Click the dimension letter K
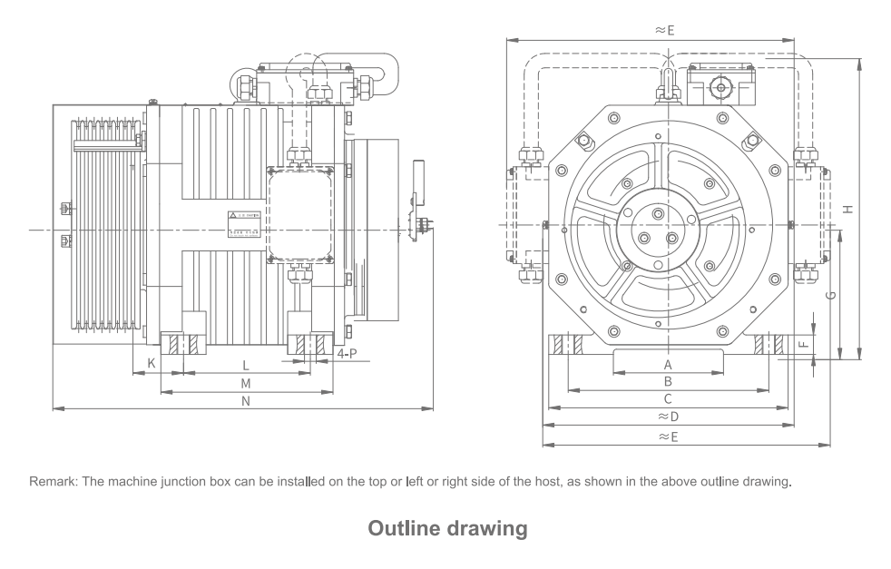(x=152, y=363)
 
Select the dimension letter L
(x=246, y=364)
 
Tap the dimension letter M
(x=246, y=383)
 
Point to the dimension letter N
(x=246, y=401)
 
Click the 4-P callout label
(x=346, y=354)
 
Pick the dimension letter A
(x=668, y=363)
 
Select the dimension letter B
(x=668, y=381)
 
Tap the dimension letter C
(x=668, y=398)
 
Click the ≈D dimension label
(x=668, y=417)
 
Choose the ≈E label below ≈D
(x=668, y=437)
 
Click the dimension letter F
(x=802, y=345)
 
